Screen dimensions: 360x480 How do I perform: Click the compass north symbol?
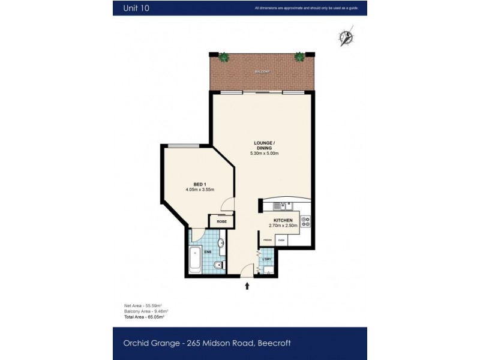pyautogui.click(x=346, y=37)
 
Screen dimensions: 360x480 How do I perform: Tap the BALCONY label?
pyautogui.click(x=262, y=71)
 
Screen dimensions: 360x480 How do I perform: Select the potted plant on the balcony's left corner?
pyautogui.click(x=223, y=58)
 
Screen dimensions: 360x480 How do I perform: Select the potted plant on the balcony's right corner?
pyautogui.click(x=299, y=57)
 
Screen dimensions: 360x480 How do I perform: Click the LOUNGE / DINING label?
pyautogui.click(x=264, y=145)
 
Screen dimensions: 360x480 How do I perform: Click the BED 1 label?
pyautogui.click(x=200, y=184)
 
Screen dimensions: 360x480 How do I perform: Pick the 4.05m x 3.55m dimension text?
pyautogui.click(x=200, y=190)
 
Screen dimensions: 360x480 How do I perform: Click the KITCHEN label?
pyautogui.click(x=283, y=220)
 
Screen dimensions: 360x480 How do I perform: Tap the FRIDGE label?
pyautogui.click(x=267, y=240)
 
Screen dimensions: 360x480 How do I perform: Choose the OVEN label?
pyautogui.click(x=280, y=240)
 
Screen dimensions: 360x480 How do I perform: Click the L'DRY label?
pyautogui.click(x=267, y=259)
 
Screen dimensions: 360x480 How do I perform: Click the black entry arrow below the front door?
pyautogui.click(x=247, y=286)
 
